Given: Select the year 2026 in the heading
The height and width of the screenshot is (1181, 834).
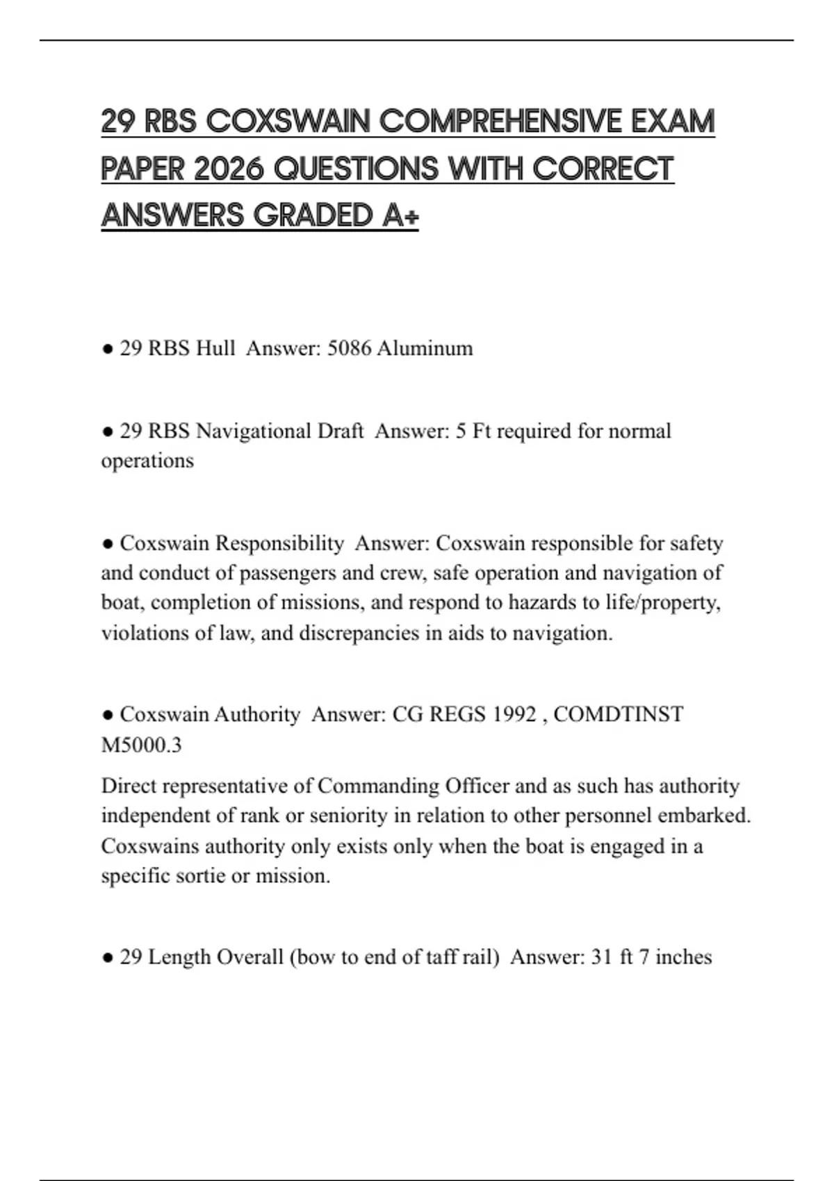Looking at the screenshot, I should (229, 169).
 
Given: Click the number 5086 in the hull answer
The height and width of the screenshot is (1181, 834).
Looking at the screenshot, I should (349, 348).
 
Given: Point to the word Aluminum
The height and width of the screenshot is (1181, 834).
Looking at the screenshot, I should (425, 348).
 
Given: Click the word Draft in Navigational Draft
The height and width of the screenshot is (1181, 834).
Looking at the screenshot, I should (341, 431).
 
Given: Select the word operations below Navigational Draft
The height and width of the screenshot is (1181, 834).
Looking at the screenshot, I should (147, 461).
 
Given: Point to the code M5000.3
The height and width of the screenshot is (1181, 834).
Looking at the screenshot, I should (141, 745).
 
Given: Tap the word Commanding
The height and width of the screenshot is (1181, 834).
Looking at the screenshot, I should (378, 786).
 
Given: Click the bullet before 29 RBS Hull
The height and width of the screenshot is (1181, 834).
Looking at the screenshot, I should (107, 349).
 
